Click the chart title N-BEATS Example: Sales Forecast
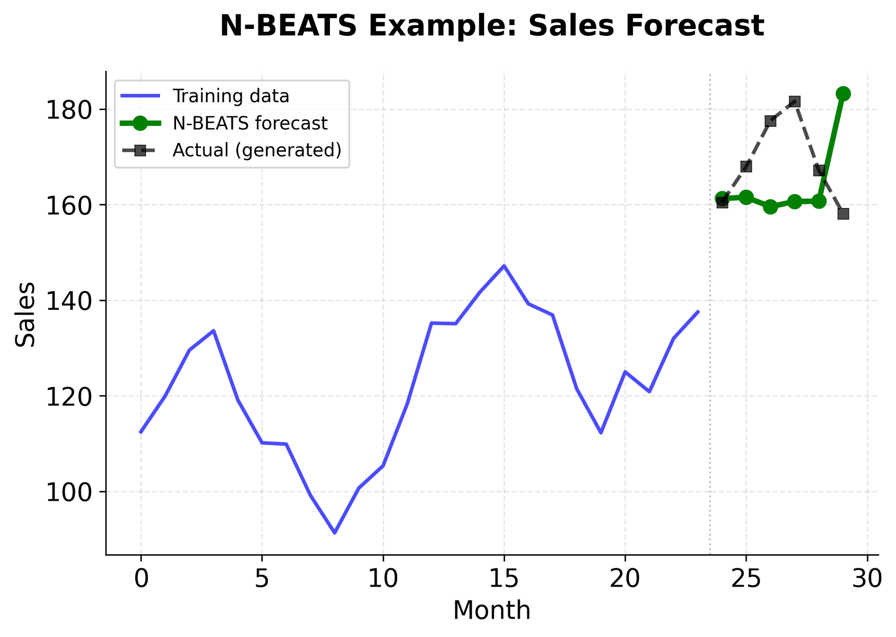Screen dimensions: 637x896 click(x=491, y=26)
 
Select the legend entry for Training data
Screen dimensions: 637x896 click(x=231, y=96)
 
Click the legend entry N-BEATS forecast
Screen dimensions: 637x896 click(x=250, y=123)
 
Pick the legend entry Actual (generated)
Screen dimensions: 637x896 click(x=257, y=150)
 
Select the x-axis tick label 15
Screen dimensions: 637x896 click(x=504, y=579)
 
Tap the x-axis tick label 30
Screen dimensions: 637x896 click(x=867, y=579)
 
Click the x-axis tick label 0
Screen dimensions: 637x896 click(x=141, y=579)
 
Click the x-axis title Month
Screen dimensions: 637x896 click(x=491, y=610)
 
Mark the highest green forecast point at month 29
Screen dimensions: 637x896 click(x=843, y=94)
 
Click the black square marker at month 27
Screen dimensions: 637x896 click(x=794, y=102)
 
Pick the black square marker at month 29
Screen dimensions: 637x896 click(x=843, y=214)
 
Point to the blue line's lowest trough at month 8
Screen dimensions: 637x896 click(x=335, y=532)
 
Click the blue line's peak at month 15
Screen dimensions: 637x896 click(x=504, y=266)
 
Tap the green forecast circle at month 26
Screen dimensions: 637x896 click(x=770, y=207)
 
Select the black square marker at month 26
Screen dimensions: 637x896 click(x=770, y=121)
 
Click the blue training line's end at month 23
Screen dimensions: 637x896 click(x=698, y=311)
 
